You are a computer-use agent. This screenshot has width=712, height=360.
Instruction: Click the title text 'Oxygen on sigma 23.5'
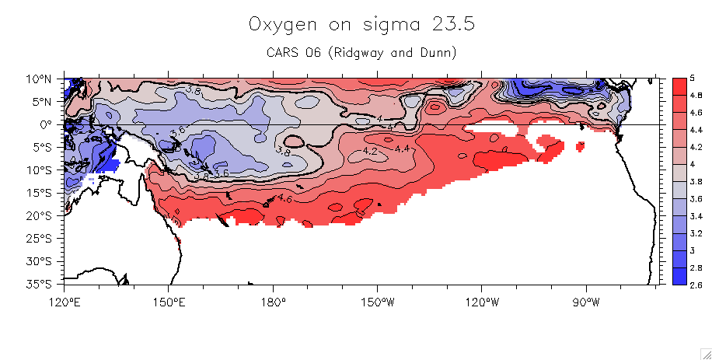[x=361, y=25]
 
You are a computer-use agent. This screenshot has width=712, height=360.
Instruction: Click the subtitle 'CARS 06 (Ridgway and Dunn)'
[x=361, y=53]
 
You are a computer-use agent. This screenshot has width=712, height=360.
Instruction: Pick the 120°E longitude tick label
[x=65, y=301]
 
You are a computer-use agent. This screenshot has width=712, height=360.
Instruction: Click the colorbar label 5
[x=692, y=79]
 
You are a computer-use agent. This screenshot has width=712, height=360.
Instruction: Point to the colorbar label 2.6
[x=696, y=285]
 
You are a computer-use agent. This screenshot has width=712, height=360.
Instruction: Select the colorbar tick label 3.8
[x=696, y=182]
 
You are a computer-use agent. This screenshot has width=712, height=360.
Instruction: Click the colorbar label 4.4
[x=696, y=130]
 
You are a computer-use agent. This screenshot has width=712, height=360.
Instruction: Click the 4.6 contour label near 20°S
[x=285, y=200]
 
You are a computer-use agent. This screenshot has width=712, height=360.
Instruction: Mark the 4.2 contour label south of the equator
[x=371, y=151]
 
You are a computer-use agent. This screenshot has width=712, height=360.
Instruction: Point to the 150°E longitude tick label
[x=169, y=301]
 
